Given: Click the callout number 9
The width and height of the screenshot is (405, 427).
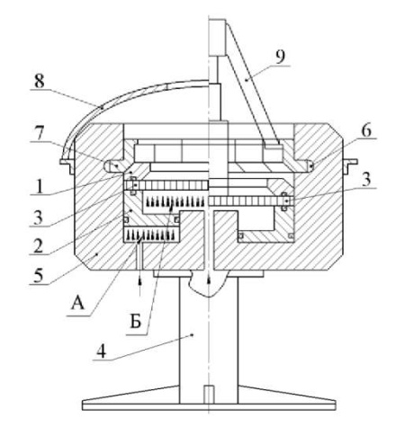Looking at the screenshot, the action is click(x=280, y=57).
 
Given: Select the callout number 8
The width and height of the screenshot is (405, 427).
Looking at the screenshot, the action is click(x=39, y=81).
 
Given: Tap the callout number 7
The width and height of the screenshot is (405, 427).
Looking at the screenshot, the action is click(x=40, y=133).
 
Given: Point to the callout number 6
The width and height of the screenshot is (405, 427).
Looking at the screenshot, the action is click(x=366, y=130).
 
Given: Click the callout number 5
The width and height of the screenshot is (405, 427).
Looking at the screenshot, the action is click(x=39, y=276).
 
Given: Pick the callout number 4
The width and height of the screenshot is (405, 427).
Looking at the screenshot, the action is click(x=101, y=351).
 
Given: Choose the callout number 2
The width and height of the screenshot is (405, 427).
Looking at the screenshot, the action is click(x=38, y=246).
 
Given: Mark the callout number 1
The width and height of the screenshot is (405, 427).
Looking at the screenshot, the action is click(x=40, y=187).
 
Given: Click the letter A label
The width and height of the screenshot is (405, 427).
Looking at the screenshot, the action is click(x=77, y=304).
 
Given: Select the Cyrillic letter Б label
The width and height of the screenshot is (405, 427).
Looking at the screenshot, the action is click(x=136, y=322).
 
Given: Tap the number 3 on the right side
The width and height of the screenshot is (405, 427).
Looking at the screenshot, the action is click(x=366, y=180).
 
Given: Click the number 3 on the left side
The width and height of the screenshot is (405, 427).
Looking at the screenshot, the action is click(x=39, y=218).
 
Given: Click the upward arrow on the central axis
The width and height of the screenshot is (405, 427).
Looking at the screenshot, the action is click(x=209, y=280).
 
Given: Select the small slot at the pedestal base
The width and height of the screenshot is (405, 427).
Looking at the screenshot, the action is click(x=209, y=395).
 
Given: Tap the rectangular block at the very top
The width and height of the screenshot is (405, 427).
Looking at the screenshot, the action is click(x=217, y=37).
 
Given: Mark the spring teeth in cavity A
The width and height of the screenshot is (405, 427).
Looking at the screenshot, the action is click(x=150, y=235).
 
